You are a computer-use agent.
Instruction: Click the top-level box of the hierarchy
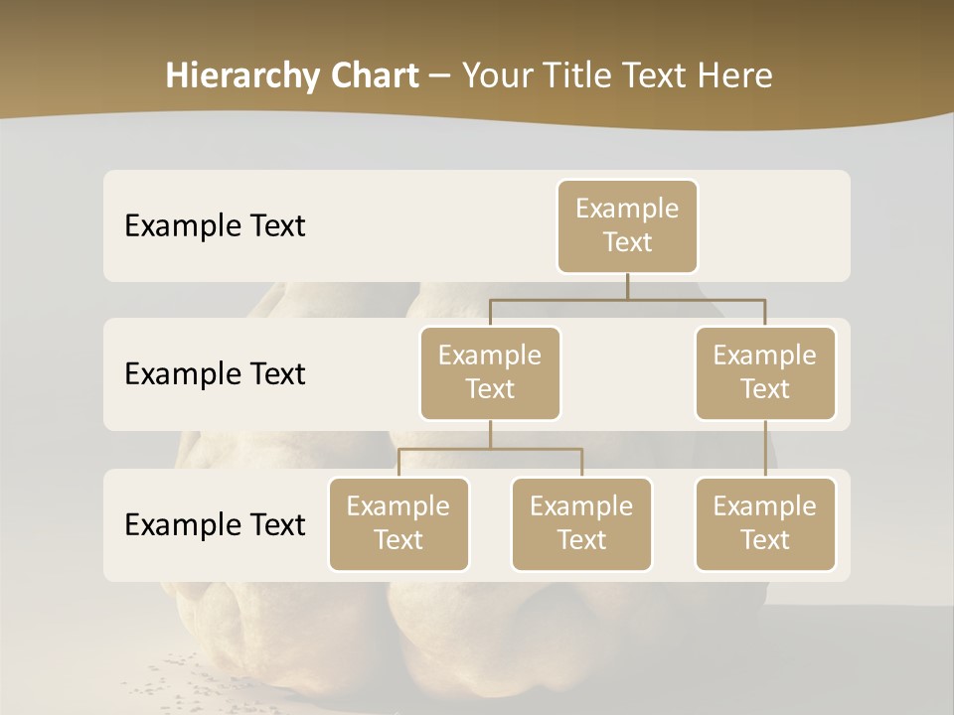click(x=627, y=225)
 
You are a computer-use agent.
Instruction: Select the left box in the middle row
click(x=490, y=372)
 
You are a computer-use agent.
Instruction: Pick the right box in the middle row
click(x=765, y=372)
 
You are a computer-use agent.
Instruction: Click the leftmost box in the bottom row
click(x=398, y=523)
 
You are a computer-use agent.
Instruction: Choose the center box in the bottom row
click(x=581, y=523)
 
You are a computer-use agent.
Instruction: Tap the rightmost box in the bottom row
click(x=765, y=523)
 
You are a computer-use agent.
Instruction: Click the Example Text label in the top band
click(x=215, y=225)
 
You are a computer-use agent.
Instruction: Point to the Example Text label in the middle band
click(x=215, y=373)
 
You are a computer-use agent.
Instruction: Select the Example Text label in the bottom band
click(x=215, y=524)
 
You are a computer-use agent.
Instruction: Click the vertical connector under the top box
click(x=627, y=286)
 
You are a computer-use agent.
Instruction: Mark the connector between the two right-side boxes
click(x=765, y=449)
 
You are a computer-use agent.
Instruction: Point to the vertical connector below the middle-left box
click(x=490, y=434)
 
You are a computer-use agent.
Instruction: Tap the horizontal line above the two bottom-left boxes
click(x=490, y=449)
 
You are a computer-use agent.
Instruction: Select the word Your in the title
click(x=499, y=75)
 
